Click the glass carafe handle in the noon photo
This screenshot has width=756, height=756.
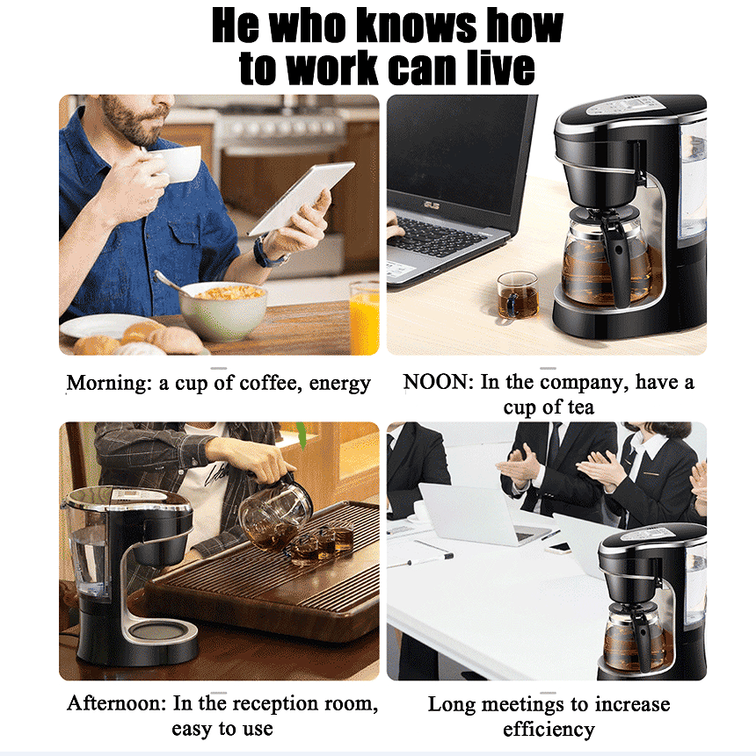pyautogui.click(x=621, y=255)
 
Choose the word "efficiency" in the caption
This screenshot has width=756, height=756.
pyautogui.click(x=549, y=730)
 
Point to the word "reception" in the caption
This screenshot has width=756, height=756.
pyautogui.click(x=283, y=704)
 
